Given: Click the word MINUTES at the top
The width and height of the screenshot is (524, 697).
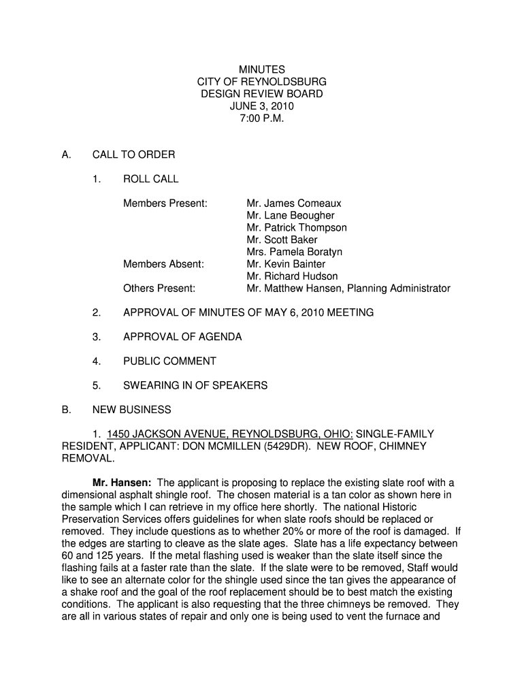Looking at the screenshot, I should click(x=262, y=69).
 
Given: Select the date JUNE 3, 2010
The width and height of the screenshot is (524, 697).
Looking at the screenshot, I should click(x=262, y=106).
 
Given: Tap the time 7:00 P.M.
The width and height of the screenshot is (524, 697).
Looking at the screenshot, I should click(x=262, y=118).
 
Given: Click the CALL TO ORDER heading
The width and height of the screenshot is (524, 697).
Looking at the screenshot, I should click(x=133, y=155).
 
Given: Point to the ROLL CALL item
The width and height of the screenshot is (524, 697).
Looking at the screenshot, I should click(x=150, y=179).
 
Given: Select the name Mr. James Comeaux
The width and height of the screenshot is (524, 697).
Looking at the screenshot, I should click(x=294, y=204).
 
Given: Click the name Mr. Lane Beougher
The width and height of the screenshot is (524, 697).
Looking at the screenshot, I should click(x=291, y=216).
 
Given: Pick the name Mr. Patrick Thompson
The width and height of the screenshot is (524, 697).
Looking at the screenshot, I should click(x=297, y=228).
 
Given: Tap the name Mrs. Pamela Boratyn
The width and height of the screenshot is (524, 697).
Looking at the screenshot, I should click(x=295, y=252).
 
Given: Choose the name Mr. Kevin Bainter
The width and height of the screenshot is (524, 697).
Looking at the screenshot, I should click(x=286, y=264).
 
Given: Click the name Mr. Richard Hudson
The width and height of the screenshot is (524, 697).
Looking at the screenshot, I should click(x=292, y=276).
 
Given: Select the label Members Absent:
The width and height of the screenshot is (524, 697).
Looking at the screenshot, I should click(x=163, y=264).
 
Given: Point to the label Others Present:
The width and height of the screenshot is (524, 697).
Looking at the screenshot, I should click(x=159, y=289).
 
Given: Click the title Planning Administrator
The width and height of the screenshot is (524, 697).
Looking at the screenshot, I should click(x=399, y=289).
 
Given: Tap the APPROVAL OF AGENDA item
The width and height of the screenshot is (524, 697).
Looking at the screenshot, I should click(x=182, y=337).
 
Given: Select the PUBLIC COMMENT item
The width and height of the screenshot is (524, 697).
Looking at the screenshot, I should click(x=169, y=361).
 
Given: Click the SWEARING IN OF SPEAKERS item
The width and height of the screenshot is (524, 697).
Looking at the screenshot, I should click(x=195, y=386).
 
